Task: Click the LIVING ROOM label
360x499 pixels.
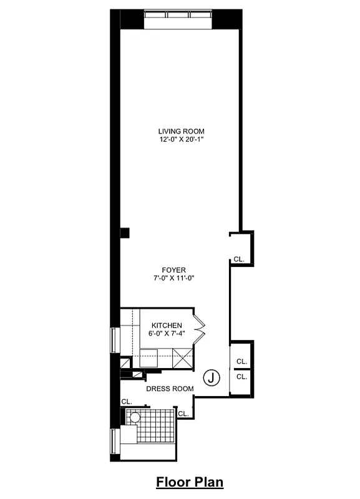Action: [181, 131]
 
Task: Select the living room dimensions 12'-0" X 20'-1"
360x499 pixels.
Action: [181, 140]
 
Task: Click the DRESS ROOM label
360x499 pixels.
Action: [170, 389]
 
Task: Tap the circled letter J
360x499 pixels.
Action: [212, 377]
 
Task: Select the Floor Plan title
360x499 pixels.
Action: [189, 482]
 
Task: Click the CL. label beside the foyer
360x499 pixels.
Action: [240, 259]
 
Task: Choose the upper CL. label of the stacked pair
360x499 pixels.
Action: [241, 362]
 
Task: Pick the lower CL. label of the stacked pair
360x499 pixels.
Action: [241, 377]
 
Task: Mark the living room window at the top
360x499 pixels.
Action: [178, 19]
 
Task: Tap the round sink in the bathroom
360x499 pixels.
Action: [134, 417]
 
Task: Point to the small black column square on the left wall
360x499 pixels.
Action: [125, 233]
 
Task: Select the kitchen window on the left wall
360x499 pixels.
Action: [114, 340]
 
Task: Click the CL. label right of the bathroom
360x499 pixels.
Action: [183, 414]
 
